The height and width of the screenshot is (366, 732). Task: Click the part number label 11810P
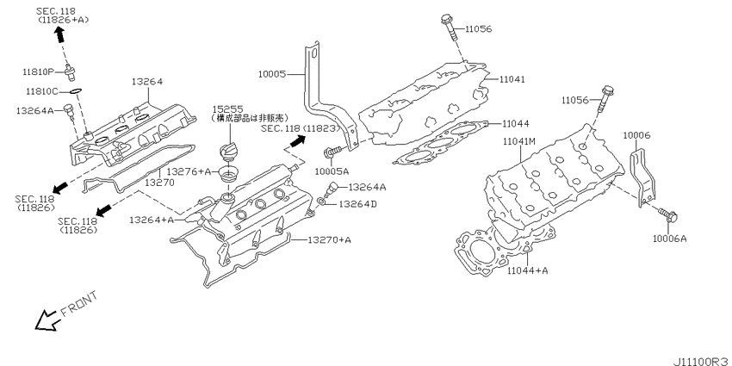[39, 71]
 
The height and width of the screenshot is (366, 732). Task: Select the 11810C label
[40, 90]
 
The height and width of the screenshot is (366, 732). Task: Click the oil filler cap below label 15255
[229, 153]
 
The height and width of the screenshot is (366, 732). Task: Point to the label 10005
[275, 75]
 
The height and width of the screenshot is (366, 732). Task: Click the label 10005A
[332, 171]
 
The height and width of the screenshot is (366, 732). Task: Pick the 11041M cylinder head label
[519, 140]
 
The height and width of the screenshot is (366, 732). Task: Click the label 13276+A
[193, 171]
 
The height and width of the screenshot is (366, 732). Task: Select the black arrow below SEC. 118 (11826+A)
[60, 34]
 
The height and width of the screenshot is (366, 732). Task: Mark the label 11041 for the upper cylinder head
[512, 78]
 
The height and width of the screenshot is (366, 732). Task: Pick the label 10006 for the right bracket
[636, 135]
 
